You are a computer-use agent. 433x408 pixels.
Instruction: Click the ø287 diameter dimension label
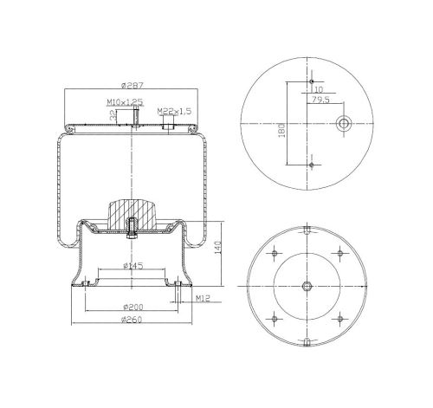coord(132,86)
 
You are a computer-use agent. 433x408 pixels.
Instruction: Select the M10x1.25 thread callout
coord(125,102)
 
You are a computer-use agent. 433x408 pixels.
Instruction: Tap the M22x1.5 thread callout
coord(174,111)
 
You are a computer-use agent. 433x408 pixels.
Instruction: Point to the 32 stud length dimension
coord(113,116)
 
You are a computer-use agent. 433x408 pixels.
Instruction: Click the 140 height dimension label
coord(218,248)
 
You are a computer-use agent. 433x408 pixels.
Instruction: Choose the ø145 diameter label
coord(133,266)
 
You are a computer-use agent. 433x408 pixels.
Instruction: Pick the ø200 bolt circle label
coord(133,307)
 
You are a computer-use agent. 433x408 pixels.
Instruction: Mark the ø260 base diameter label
coord(132,320)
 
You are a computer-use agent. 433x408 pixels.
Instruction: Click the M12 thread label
coord(203,298)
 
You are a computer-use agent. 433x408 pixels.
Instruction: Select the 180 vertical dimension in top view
coord(282,130)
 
